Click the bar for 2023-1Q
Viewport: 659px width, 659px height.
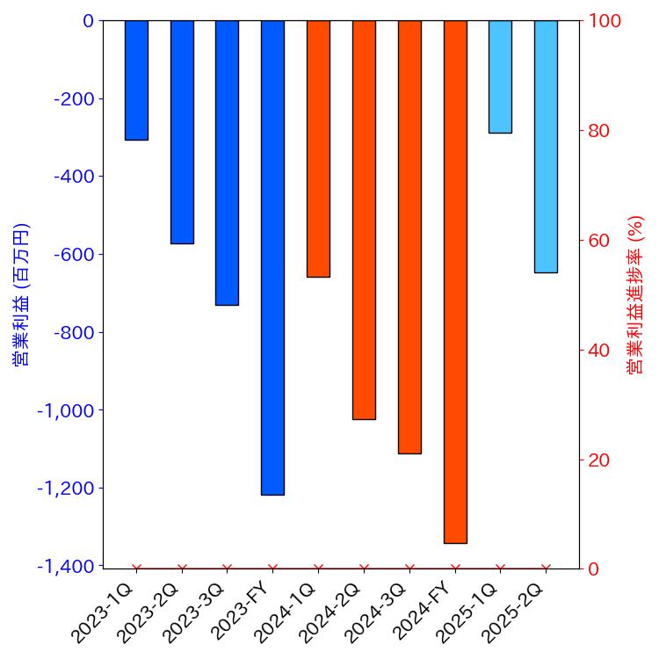[x=136, y=80]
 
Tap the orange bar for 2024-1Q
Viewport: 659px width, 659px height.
[x=318, y=148]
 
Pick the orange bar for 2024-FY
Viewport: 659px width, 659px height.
[x=455, y=281]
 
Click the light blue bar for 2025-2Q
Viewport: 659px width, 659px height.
[x=546, y=146]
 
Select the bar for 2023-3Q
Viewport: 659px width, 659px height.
[x=227, y=163]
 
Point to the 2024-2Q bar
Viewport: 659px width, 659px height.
[x=364, y=220]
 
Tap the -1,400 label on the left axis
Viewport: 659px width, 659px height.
[x=66, y=567]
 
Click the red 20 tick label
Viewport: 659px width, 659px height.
[x=599, y=460]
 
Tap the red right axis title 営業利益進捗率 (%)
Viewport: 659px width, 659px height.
[x=635, y=294]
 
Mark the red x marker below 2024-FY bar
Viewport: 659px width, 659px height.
[x=455, y=568]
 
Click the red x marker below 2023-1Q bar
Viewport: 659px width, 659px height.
[x=136, y=568]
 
